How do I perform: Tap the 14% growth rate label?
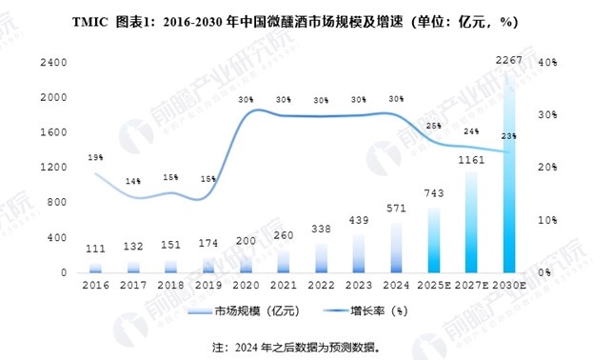133,181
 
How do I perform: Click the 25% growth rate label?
433,126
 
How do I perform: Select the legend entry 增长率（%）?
378,311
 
